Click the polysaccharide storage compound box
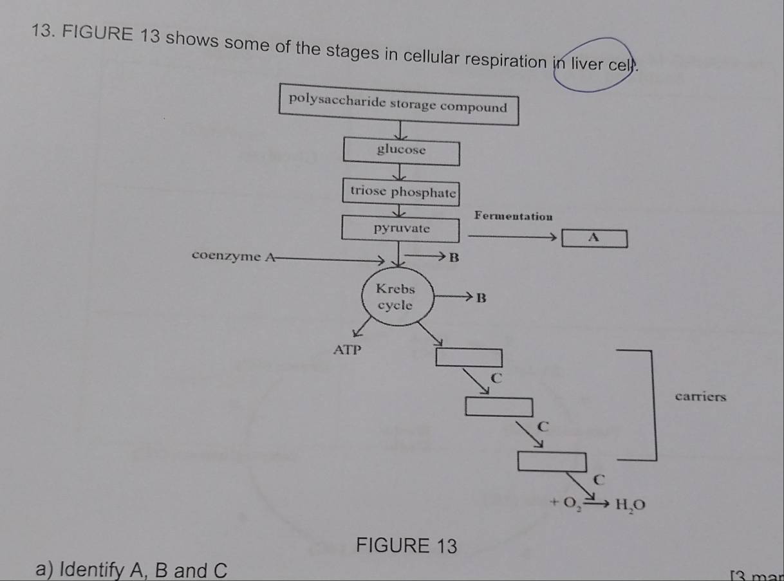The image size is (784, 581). coord(398,104)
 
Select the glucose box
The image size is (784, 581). coord(401,150)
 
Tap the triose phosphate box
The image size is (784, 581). coord(403,190)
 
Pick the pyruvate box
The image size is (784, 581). coord(402,228)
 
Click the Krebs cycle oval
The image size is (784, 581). coord(395,297)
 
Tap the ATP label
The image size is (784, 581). coord(348,351)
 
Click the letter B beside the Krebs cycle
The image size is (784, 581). coord(479,298)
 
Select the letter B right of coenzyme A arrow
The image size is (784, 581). coord(453,259)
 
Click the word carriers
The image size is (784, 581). coord(701,396)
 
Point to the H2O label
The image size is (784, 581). coord(628,503)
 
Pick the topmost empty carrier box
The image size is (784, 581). coord(469,356)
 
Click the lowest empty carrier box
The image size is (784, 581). coord(554,461)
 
